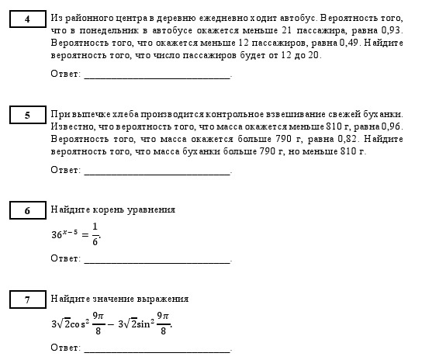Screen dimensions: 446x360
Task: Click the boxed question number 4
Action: pyautogui.click(x=27, y=18)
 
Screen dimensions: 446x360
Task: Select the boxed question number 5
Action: pyautogui.click(x=27, y=115)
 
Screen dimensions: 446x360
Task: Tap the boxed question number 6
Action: pyautogui.click(x=27, y=210)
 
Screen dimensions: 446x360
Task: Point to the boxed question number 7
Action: pyautogui.click(x=27, y=299)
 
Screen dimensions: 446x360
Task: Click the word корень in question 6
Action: pyautogui.click(x=104, y=210)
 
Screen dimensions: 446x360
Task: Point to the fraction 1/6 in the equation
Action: pyautogui.click(x=95, y=234)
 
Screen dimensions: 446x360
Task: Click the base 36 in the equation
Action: pyautogui.click(x=56, y=234)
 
